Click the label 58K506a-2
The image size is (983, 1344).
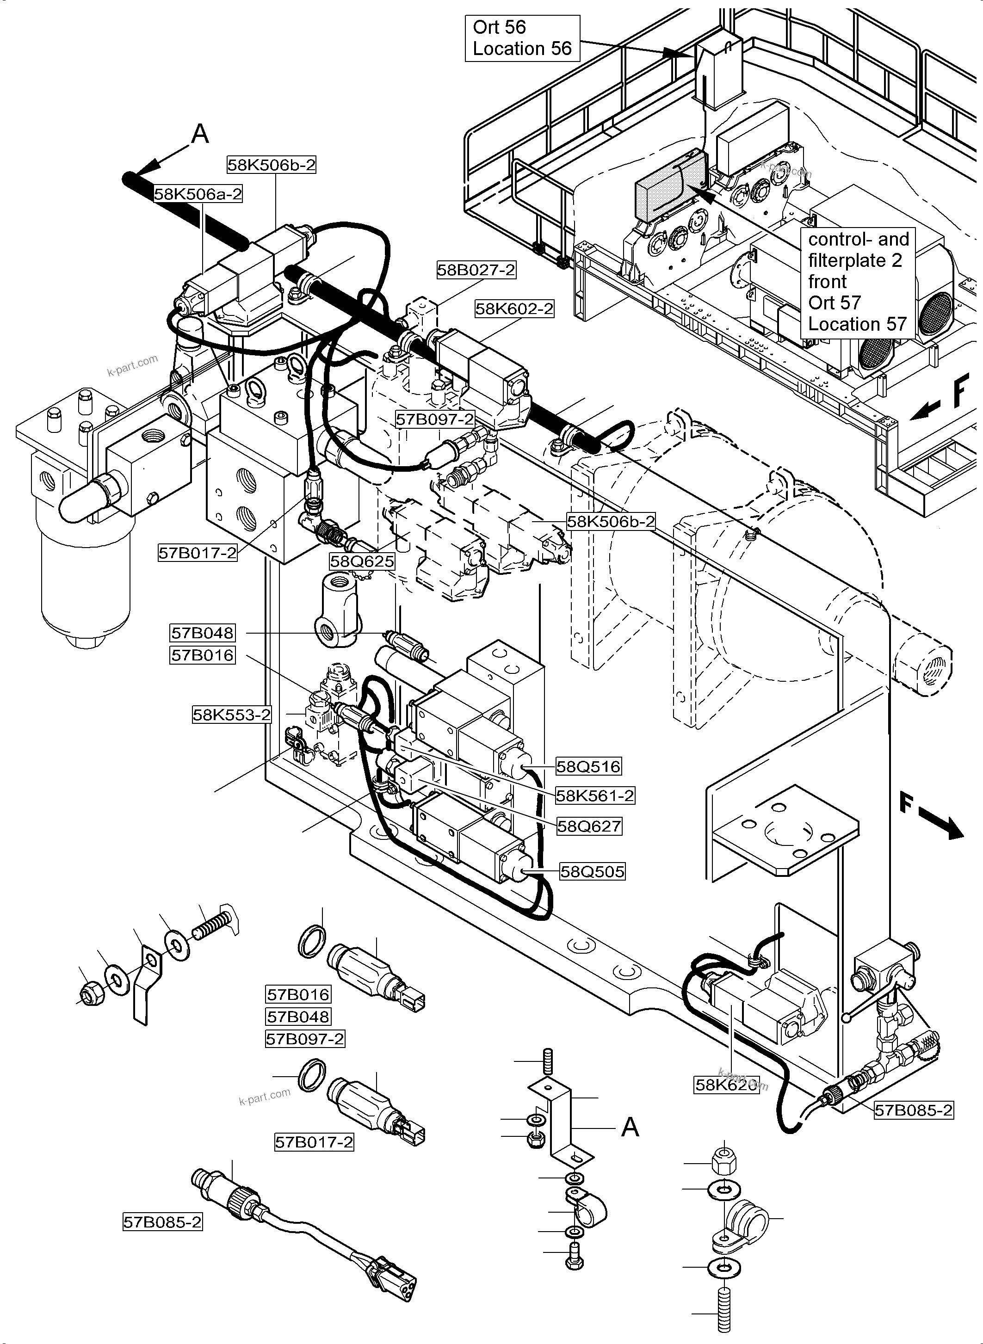pos(198,194)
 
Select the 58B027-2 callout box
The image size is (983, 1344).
pos(476,270)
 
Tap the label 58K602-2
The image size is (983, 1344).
pos(514,309)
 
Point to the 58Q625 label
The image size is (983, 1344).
pos(362,561)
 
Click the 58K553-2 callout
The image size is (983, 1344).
pos(231,714)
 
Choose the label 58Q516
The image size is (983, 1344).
pos(588,766)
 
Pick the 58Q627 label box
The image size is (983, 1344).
pos(589,826)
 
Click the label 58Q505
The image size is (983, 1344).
pos(592,872)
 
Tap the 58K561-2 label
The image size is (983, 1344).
pos(595,795)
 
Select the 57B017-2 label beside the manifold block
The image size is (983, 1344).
pos(198,553)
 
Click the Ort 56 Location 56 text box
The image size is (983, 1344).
pos(522,38)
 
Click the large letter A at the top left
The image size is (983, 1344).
pos(200,135)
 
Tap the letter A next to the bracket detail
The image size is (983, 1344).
pos(630,1126)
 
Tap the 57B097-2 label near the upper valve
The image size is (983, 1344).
pos(434,419)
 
